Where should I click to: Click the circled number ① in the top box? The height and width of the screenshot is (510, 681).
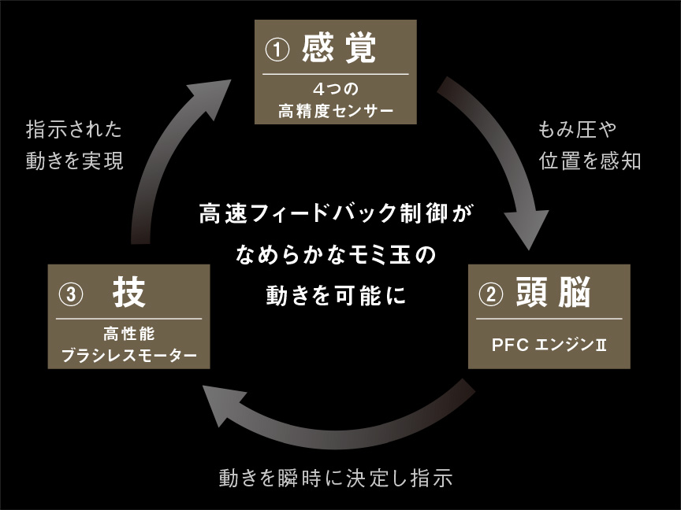(277, 50)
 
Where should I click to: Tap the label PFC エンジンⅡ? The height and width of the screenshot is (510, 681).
(549, 345)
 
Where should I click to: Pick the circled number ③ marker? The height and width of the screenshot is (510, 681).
(71, 295)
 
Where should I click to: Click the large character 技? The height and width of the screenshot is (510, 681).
(129, 294)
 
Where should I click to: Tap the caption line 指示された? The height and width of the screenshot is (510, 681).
(74, 128)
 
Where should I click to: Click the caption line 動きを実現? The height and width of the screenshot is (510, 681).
(74, 161)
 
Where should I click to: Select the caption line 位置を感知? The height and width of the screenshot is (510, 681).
(590, 161)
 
